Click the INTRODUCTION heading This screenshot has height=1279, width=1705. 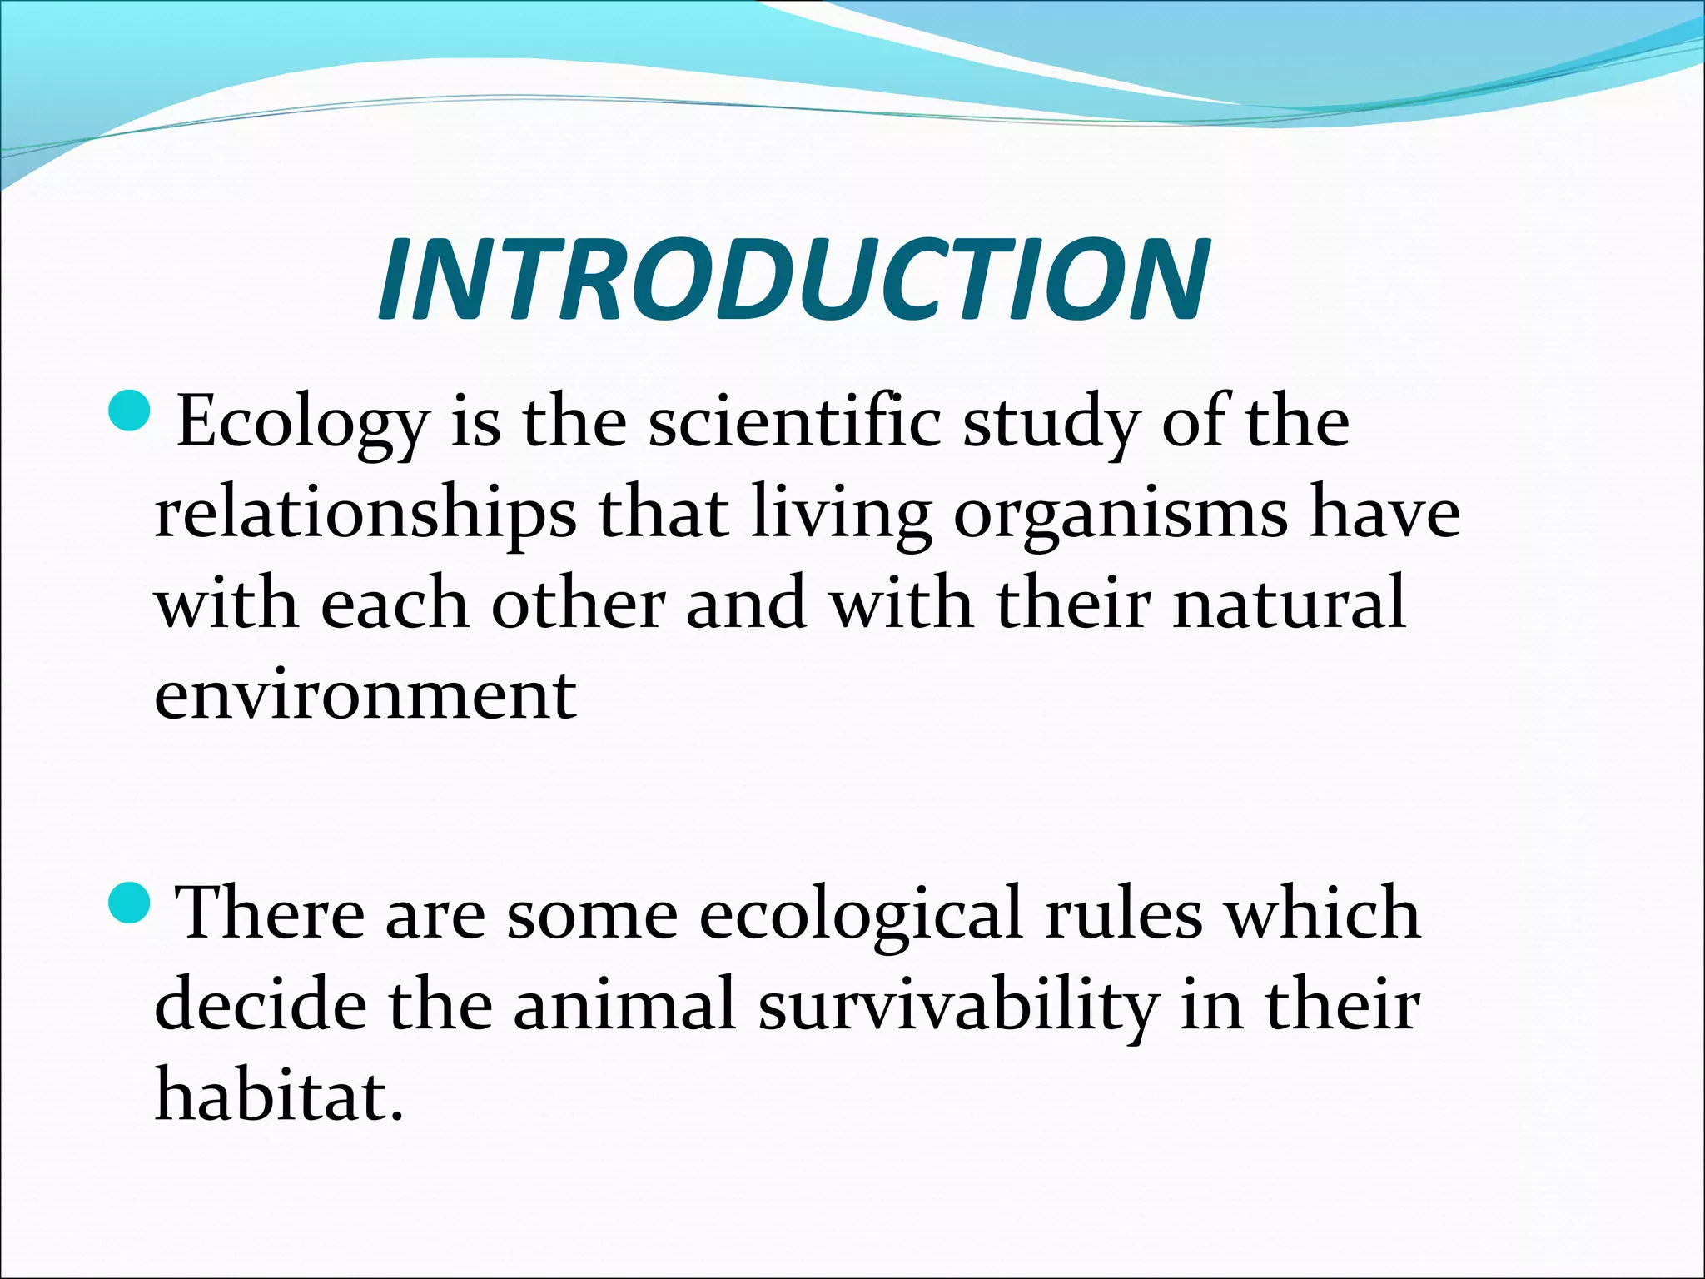tap(793, 279)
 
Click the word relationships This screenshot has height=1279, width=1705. tap(365, 514)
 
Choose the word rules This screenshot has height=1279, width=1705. tap(1124, 913)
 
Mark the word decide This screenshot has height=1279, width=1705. tap(260, 1004)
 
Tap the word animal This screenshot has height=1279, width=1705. tap(624, 1004)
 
